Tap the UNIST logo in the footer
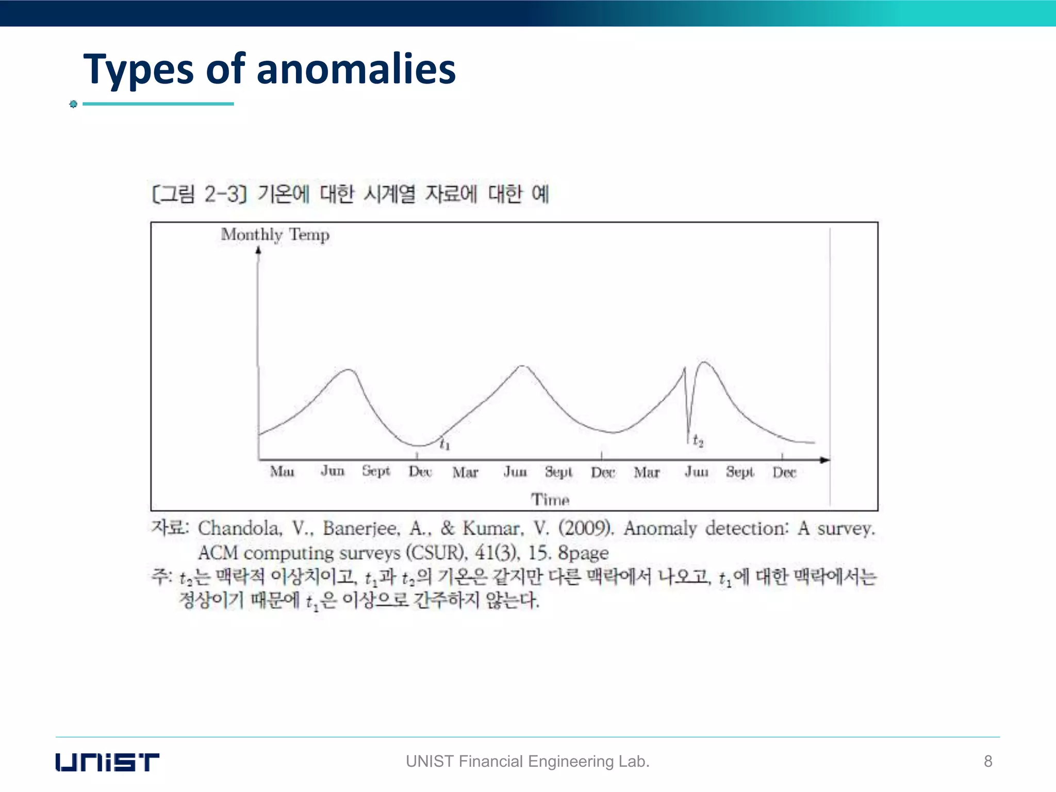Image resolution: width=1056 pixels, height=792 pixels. (107, 762)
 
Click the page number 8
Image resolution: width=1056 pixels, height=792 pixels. (988, 761)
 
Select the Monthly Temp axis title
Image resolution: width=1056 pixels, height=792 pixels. (275, 235)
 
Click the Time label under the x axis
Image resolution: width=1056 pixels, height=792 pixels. (550, 499)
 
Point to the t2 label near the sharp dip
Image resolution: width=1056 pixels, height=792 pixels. (698, 440)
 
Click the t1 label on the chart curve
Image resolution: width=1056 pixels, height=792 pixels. (444, 443)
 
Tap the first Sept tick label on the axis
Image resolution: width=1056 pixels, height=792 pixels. (376, 471)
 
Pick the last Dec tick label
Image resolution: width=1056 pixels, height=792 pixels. (784, 472)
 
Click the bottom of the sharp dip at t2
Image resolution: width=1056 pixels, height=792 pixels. (688, 438)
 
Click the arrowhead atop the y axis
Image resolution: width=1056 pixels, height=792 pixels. (258, 251)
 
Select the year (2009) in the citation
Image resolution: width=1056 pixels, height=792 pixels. (586, 528)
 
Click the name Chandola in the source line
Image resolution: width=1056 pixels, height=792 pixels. (240, 528)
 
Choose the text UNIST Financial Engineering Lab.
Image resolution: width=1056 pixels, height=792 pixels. (527, 761)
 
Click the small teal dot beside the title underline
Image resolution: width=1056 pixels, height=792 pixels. (73, 104)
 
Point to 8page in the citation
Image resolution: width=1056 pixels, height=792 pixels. (583, 553)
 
